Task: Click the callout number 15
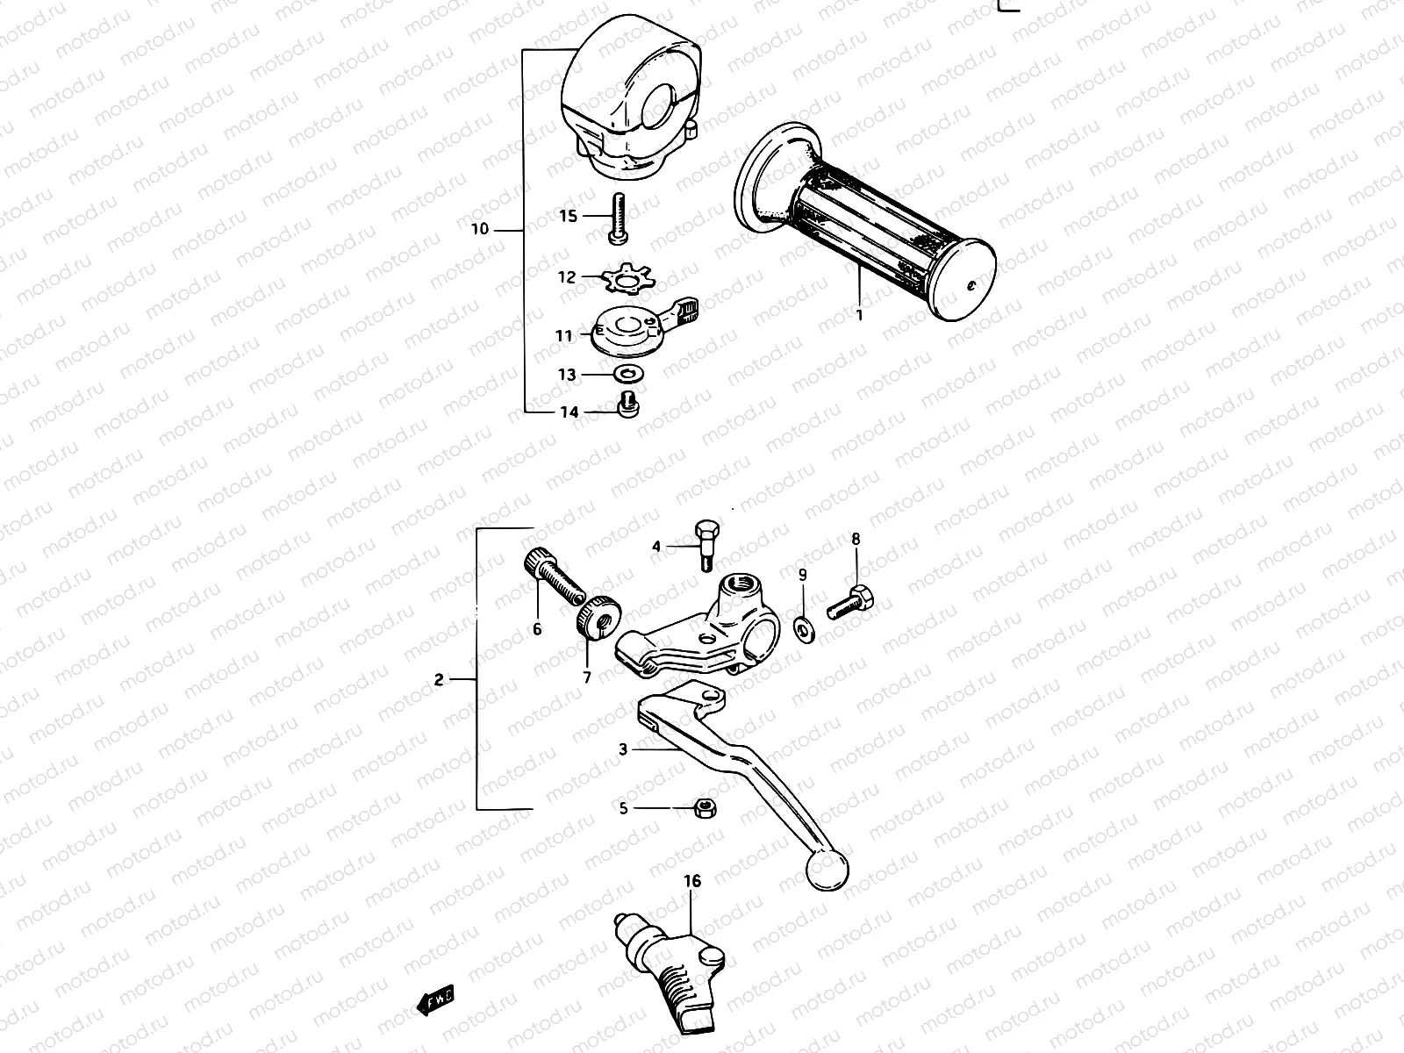[x=569, y=216]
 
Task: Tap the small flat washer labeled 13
[x=626, y=375]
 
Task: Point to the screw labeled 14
[x=627, y=406]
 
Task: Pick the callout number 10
[x=479, y=230]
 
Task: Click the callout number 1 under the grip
[x=860, y=314]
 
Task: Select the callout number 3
[x=623, y=749]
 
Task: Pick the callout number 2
[x=439, y=679]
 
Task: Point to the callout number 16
[x=693, y=881]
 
